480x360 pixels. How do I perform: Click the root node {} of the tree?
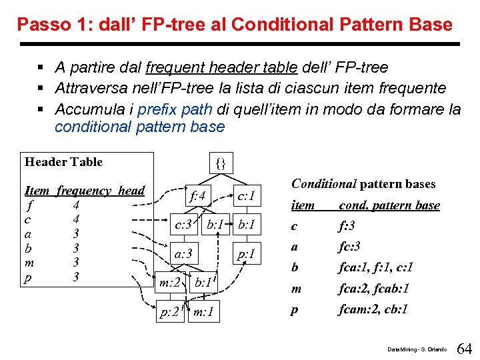pyautogui.click(x=221, y=163)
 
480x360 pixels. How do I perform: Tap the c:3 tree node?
pyautogui.click(x=184, y=224)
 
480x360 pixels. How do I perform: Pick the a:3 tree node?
pyautogui.click(x=183, y=253)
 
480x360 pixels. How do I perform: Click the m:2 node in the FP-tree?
pyautogui.click(x=169, y=283)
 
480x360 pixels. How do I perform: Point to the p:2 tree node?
pyautogui.click(x=169, y=312)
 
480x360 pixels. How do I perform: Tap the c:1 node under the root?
pyautogui.click(x=247, y=195)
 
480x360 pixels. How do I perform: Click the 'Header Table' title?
pyautogui.click(x=63, y=162)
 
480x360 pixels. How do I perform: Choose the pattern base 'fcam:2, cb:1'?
pyautogui.click(x=373, y=309)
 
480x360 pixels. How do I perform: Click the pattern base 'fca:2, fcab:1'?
pyautogui.click(x=374, y=289)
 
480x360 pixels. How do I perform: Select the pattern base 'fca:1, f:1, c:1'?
pyautogui.click(x=377, y=267)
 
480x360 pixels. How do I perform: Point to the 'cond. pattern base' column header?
pyautogui.click(x=389, y=205)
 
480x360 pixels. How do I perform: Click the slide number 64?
pyautogui.click(x=465, y=349)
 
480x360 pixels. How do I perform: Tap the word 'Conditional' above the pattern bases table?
pyautogui.click(x=324, y=184)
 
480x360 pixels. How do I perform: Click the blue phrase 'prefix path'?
pyautogui.click(x=174, y=109)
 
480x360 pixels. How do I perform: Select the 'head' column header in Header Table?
pyautogui.click(x=131, y=191)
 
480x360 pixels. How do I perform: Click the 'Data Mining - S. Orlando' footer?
pyautogui.click(x=417, y=349)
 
